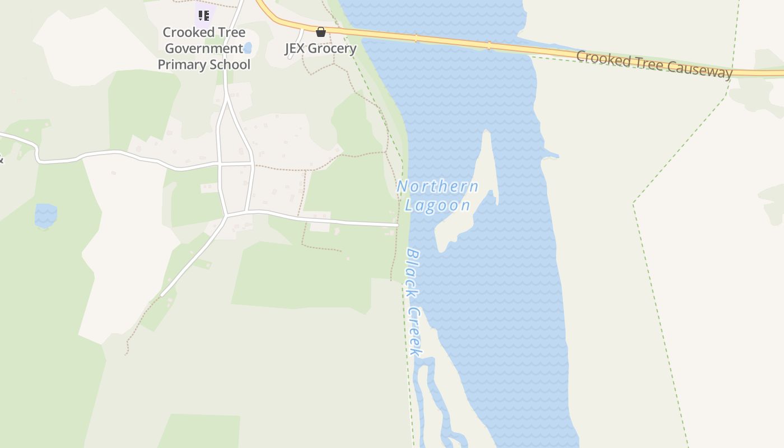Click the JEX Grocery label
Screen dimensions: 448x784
pos(321,48)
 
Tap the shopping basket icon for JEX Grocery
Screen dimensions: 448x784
pos(321,32)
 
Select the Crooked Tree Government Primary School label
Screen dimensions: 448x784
pos(204,48)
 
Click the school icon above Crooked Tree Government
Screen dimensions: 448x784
pos(204,15)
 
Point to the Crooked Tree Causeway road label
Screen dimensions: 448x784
pos(654,64)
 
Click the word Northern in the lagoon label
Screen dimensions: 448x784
pos(437,186)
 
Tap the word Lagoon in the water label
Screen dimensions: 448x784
pos(437,205)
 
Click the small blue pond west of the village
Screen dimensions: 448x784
pos(45,216)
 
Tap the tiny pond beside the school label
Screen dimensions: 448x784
pos(248,48)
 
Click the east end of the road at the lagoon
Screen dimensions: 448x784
pos(396,225)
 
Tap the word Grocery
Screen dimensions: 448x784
pos(332,48)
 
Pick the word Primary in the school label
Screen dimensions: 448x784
pos(182,64)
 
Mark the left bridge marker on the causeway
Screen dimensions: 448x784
pos(416,38)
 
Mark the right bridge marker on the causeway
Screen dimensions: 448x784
pos(489,45)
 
